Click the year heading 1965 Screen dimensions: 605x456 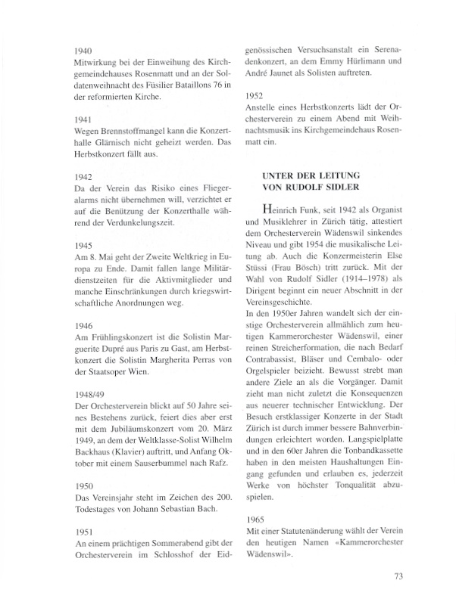(258, 520)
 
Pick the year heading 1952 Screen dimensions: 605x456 (258, 97)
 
